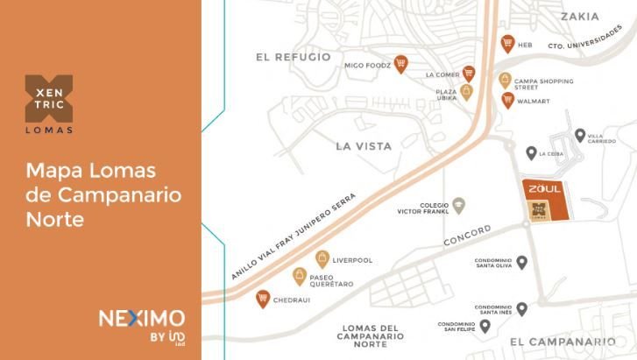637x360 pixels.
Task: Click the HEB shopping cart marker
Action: tap(507, 43)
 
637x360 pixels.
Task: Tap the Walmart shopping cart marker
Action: tap(507, 100)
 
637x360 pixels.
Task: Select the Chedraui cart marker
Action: tap(262, 299)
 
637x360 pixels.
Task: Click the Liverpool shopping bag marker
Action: tap(322, 259)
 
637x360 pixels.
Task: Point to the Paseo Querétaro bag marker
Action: tap(300, 277)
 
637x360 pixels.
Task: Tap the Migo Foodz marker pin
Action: tap(400, 63)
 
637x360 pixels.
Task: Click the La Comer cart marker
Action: tap(469, 74)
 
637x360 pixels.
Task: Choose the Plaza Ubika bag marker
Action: tap(467, 91)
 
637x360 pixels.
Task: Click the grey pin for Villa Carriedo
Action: tap(580, 135)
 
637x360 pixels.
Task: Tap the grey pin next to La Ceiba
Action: tap(531, 153)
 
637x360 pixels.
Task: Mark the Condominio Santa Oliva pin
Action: tap(521, 261)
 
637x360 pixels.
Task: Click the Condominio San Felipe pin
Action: tap(485, 325)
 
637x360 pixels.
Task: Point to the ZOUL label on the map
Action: tap(542, 188)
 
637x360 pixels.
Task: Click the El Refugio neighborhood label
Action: tap(294, 57)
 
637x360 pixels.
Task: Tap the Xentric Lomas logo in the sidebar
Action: tap(49, 104)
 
